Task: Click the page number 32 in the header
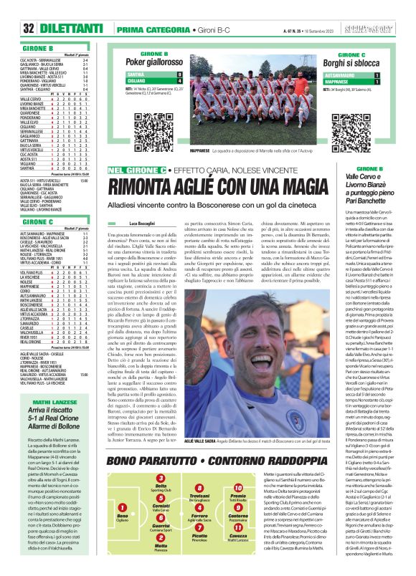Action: point(29,28)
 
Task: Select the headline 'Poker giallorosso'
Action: point(153,62)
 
